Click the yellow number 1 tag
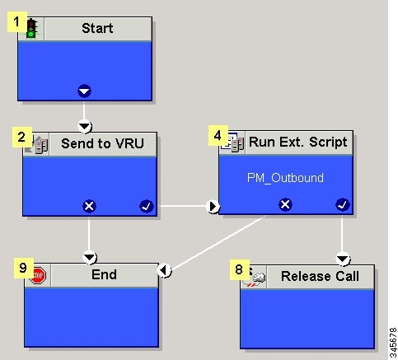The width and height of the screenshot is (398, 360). tap(17, 21)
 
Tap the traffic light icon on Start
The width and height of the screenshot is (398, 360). tap(32, 29)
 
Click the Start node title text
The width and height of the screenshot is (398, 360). tap(97, 28)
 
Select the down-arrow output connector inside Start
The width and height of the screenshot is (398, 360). tap(84, 91)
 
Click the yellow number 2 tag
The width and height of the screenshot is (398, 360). tap(22, 137)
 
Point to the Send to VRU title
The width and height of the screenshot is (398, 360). tap(102, 143)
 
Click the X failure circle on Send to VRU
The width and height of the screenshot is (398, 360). tap(89, 206)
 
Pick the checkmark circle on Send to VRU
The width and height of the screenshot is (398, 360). tap(147, 206)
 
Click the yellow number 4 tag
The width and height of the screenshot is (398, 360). tap(218, 135)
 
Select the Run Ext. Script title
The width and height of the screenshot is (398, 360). tap(298, 143)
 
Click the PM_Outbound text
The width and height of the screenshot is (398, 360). tap(285, 178)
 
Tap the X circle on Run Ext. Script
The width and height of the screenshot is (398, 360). tap(285, 204)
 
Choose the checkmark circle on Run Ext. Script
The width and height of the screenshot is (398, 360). tap(343, 204)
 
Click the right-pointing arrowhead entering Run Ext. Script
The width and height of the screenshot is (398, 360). tap(213, 207)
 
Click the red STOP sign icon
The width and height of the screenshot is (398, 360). tap(38, 275)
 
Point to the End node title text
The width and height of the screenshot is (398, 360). tap(104, 274)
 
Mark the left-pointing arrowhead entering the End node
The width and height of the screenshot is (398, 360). tap(165, 270)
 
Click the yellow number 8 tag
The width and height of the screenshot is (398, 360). tap(240, 269)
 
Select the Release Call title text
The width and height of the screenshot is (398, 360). tap(320, 276)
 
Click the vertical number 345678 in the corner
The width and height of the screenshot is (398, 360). tap(393, 343)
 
